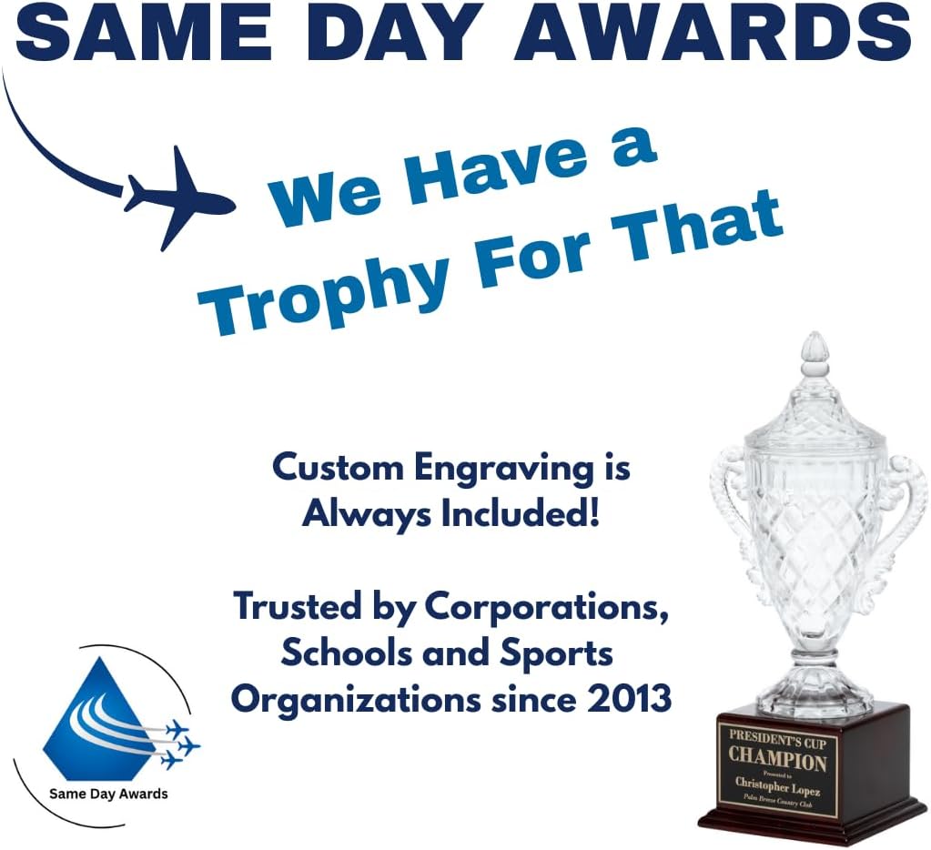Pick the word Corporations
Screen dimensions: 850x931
point(546,607)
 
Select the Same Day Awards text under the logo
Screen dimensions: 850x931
point(108,794)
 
